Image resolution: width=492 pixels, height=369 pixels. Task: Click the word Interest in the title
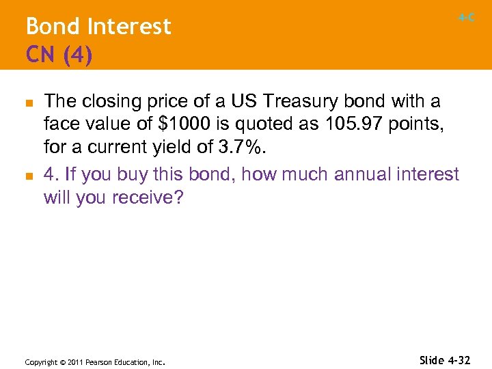point(129,27)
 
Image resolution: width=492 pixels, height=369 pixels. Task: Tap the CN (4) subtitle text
point(59,54)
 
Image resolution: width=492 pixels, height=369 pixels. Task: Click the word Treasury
point(292,102)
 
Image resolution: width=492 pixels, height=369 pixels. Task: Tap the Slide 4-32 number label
point(445,359)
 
